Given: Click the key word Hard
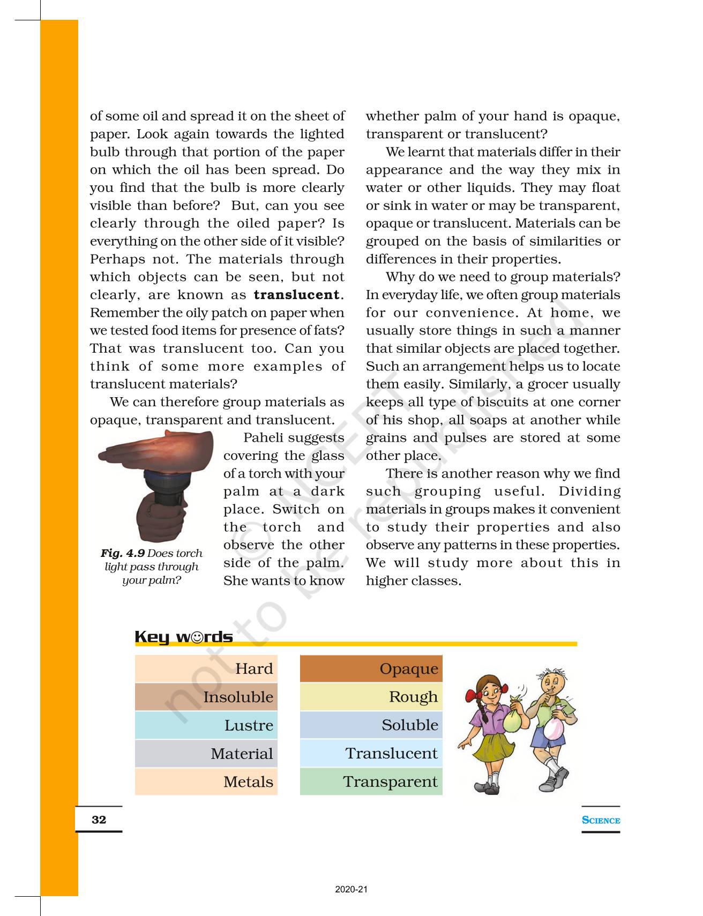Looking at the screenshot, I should (254, 668).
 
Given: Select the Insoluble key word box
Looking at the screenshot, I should (238, 697).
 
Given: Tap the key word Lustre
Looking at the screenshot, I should (249, 725).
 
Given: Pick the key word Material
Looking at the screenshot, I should (242, 754).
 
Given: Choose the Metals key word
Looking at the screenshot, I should (248, 782).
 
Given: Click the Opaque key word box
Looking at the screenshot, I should (408, 668).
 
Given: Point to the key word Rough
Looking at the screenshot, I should (413, 697).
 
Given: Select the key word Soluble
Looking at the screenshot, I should (409, 725).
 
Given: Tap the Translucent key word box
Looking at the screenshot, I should (391, 754).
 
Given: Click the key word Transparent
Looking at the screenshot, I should (390, 782).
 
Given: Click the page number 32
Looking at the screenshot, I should (99, 820).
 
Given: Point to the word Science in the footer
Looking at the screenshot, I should (601, 820).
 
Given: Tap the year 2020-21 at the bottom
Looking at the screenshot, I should (351, 890).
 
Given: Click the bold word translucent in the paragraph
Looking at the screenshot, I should (296, 295).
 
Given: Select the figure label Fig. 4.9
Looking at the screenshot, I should (123, 553).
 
